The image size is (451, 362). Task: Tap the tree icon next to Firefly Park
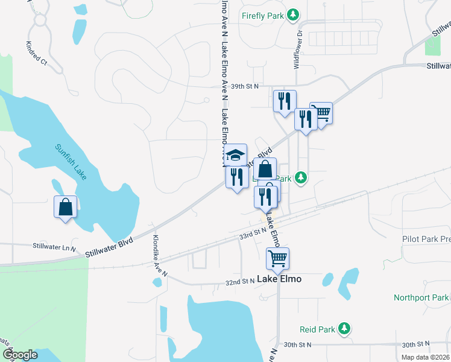pos(292,14)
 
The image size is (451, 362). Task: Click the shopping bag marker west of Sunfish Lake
pos(65,207)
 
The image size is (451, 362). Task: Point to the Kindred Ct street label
pos(36,53)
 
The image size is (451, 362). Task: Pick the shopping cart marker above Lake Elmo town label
pos(277,258)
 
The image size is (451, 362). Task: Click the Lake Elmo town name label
pos(279,279)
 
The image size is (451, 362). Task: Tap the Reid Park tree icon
pos(344,329)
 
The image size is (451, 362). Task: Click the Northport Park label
pos(421,297)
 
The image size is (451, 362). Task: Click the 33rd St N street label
pos(252,232)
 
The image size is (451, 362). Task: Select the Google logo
pos(19,355)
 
